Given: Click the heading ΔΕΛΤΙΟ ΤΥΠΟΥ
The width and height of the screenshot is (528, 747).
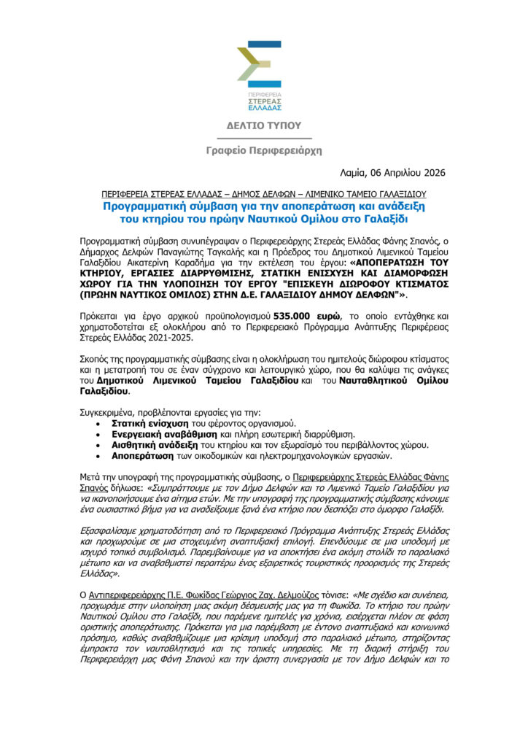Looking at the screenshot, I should pos(263,125).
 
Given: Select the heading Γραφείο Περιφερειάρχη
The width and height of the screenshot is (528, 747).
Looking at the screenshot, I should pos(263,150).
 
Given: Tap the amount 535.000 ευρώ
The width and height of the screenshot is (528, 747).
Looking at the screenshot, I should pos(302,317).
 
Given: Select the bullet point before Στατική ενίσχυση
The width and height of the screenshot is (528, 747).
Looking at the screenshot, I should pos(100,423).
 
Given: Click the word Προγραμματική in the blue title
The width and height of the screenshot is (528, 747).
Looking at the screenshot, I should pos(142,206).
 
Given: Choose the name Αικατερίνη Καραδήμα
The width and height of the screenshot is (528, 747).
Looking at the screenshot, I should pos(195,260).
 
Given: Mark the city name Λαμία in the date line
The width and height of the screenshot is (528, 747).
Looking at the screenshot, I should pos(356,173).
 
